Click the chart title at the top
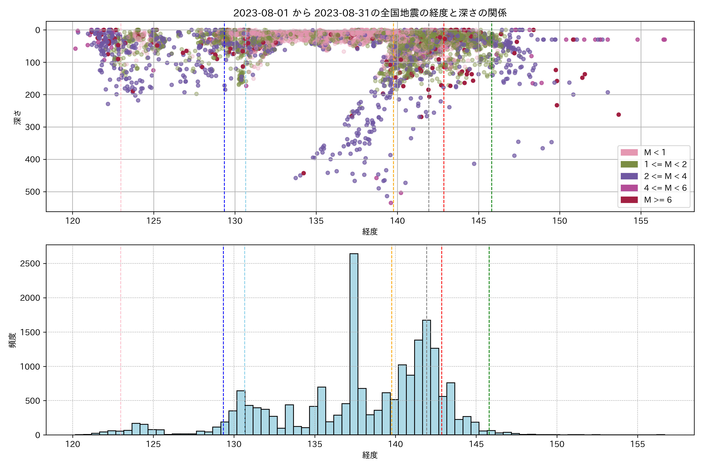coord(370,13)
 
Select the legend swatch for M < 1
coord(629,152)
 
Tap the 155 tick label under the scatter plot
coord(641,221)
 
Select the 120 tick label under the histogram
coord(73,444)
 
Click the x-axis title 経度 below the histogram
coord(370,455)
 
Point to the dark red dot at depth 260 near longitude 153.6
coord(619,115)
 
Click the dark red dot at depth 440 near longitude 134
coord(304,173)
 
